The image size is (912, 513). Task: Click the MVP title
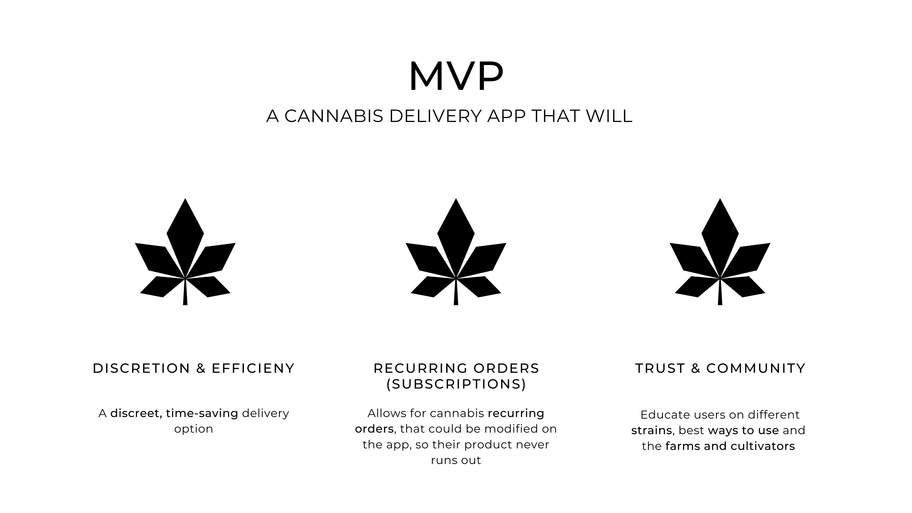(456, 76)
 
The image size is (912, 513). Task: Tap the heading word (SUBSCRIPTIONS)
(456, 384)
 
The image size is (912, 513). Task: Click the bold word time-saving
(202, 413)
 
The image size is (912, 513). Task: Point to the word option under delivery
(194, 429)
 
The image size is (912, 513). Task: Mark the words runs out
(456, 460)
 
